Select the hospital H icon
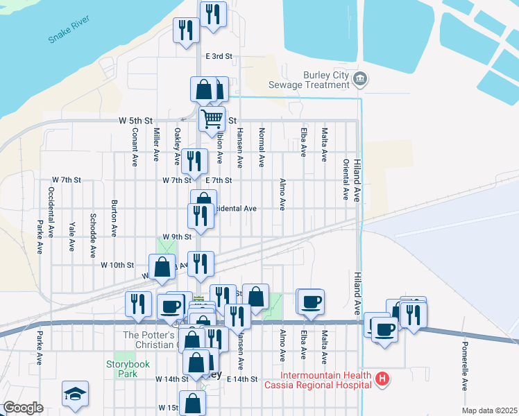pyautogui.click(x=381, y=379)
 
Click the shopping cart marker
pyautogui.click(x=212, y=119)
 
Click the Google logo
pyautogui.click(x=23, y=408)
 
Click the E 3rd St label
pyautogui.click(x=218, y=55)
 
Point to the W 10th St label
pyautogui.click(x=117, y=265)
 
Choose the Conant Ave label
pyautogui.click(x=135, y=147)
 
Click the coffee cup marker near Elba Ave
pyautogui.click(x=310, y=302)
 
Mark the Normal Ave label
pyautogui.click(x=262, y=147)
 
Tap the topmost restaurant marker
pyautogui.click(x=213, y=13)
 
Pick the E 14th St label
pyautogui.click(x=242, y=379)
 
